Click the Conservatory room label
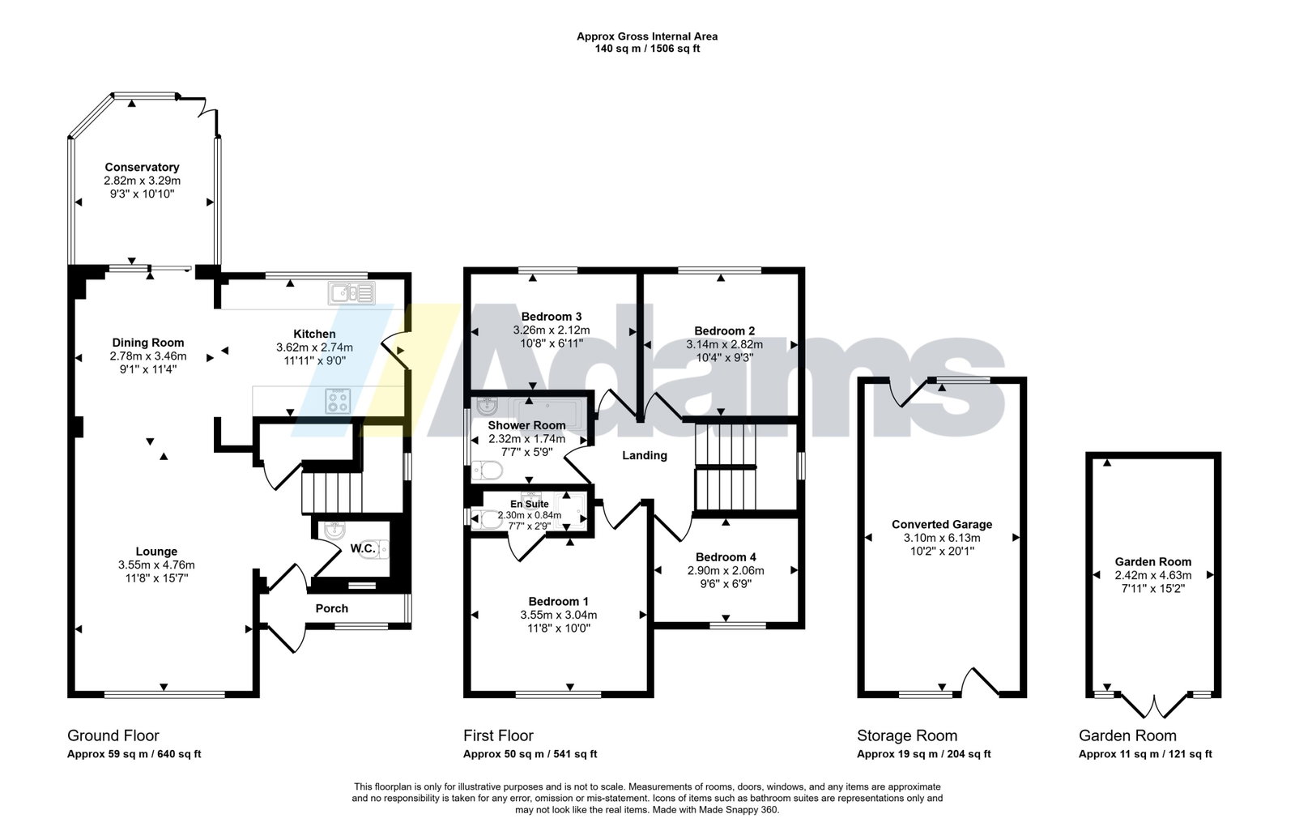pyautogui.click(x=142, y=167)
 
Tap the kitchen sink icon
pyautogui.click(x=351, y=293)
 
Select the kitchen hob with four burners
pyautogui.click(x=339, y=401)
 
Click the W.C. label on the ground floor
pyautogui.click(x=363, y=548)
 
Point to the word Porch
pyautogui.click(x=332, y=608)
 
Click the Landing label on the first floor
pyautogui.click(x=645, y=456)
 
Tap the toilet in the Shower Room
pyautogui.click(x=487, y=471)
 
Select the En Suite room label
pyautogui.click(x=530, y=504)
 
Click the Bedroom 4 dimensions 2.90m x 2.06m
pyautogui.click(x=726, y=571)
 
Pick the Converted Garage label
pyautogui.click(x=942, y=525)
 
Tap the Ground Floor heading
pyautogui.click(x=113, y=735)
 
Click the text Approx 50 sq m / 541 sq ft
pyautogui.click(x=530, y=754)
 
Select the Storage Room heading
pyautogui.click(x=907, y=735)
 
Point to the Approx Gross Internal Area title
pyautogui.click(x=648, y=36)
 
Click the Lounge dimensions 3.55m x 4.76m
pyautogui.click(x=156, y=565)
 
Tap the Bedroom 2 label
pyautogui.click(x=724, y=330)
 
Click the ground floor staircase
pyautogui.click(x=332, y=492)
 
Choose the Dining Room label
pyautogui.click(x=148, y=343)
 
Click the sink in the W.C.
pyautogui.click(x=334, y=531)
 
